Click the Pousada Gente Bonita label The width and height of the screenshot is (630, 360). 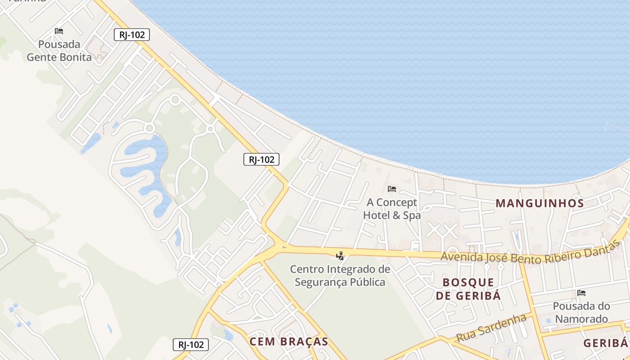point(59,51)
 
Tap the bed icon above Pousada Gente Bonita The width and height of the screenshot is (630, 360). point(59,31)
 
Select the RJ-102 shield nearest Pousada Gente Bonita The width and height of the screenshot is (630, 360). point(131,35)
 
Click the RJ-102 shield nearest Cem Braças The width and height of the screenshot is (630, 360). point(191,345)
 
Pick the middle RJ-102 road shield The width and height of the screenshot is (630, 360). point(261,159)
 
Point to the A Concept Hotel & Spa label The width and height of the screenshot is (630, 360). point(391,209)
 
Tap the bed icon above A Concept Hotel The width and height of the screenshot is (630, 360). point(392,189)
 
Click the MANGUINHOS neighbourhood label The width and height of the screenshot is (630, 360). point(540,203)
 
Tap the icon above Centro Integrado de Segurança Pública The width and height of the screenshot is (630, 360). point(340,256)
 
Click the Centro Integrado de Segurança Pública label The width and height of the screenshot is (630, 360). point(340,276)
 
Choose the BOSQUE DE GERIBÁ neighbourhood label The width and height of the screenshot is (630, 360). point(468,289)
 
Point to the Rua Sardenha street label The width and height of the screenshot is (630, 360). point(491,328)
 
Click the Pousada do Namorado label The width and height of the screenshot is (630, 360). point(581,313)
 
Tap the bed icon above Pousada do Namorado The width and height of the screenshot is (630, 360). point(581,293)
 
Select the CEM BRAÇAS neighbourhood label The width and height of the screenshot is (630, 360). point(288,342)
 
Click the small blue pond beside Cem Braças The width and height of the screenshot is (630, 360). point(229,335)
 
